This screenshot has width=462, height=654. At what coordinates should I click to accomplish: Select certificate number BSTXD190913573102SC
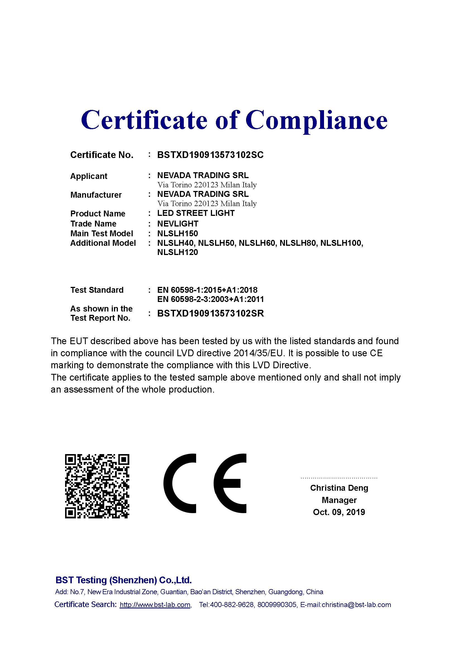(x=210, y=155)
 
